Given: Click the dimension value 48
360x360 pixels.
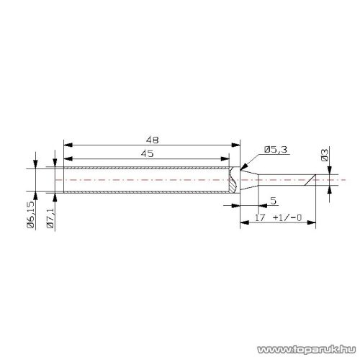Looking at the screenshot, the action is point(153,140).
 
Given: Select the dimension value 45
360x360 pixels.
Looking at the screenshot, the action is point(148,153).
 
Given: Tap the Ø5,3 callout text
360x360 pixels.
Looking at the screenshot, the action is point(276,150).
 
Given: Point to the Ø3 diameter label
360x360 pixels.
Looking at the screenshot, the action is point(324,155).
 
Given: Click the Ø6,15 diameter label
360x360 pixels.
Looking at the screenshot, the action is point(31,215).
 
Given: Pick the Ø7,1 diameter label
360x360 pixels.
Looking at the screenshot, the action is point(50,218).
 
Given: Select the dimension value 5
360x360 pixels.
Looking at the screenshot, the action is point(274,201).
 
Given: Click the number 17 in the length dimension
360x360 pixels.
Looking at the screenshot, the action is point(260,217).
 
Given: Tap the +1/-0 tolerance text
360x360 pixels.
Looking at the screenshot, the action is point(287,217).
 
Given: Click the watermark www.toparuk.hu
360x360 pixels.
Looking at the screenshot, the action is point(307,349).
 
